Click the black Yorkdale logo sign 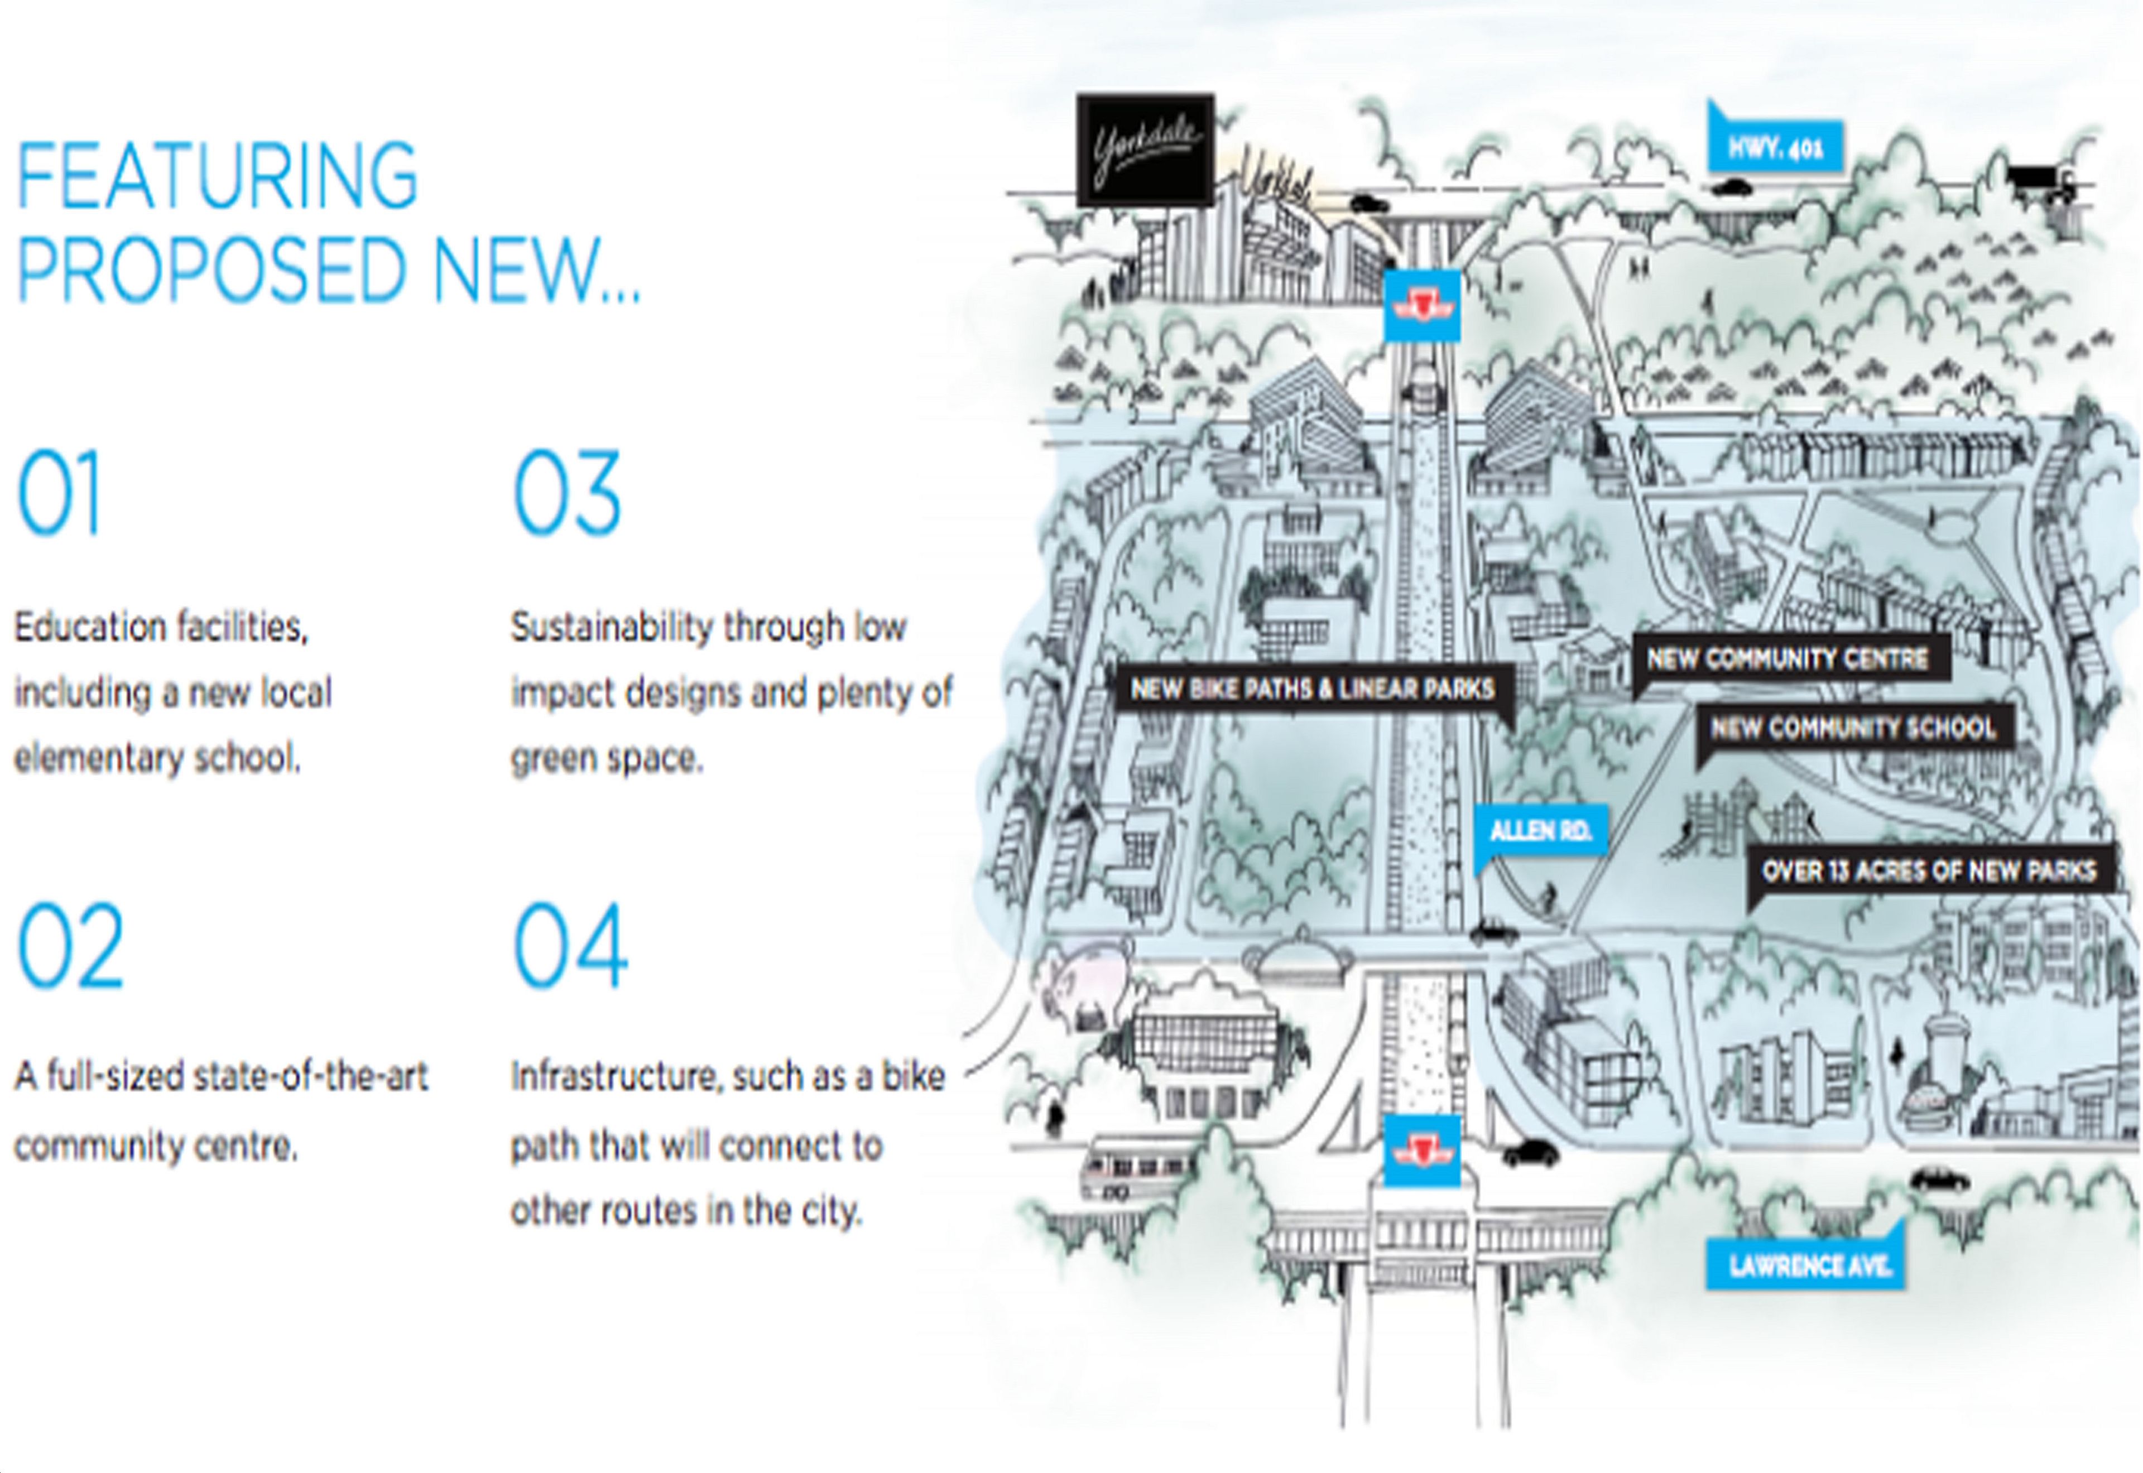[1145, 150]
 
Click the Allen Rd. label [1539, 831]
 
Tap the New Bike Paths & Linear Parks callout [1313, 689]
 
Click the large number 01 [58, 492]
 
